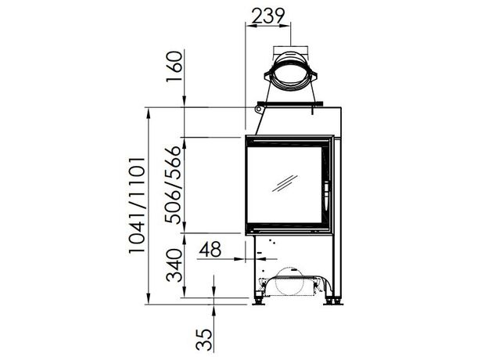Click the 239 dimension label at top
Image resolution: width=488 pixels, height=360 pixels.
coord(268,16)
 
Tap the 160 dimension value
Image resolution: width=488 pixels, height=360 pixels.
coord(174,67)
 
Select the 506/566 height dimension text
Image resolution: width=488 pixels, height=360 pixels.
coord(173,185)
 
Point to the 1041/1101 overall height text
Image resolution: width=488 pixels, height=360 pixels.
coord(137,206)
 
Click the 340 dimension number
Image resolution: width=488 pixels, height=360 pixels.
coord(174,265)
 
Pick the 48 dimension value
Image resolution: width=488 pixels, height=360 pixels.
coord(210,249)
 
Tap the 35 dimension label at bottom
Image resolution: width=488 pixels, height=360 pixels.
coord(204,340)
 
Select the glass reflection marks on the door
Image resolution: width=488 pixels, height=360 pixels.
coord(285,183)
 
